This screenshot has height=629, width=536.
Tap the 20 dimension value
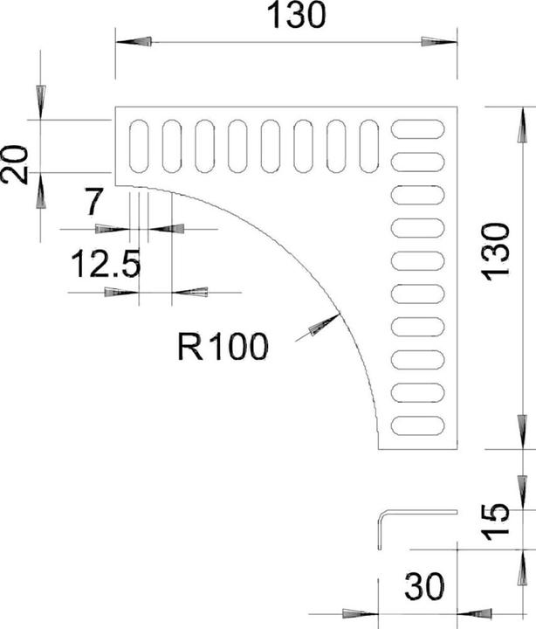[x=15, y=163]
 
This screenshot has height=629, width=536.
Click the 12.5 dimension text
[x=105, y=264]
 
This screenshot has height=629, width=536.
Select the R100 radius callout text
[x=223, y=348]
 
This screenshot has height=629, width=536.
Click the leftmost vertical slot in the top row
[x=140, y=146]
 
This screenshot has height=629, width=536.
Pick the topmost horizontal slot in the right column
[x=417, y=129]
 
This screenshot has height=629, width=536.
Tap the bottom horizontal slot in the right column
[x=417, y=427]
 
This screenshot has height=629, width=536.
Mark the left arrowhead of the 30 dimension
[x=357, y=611]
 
